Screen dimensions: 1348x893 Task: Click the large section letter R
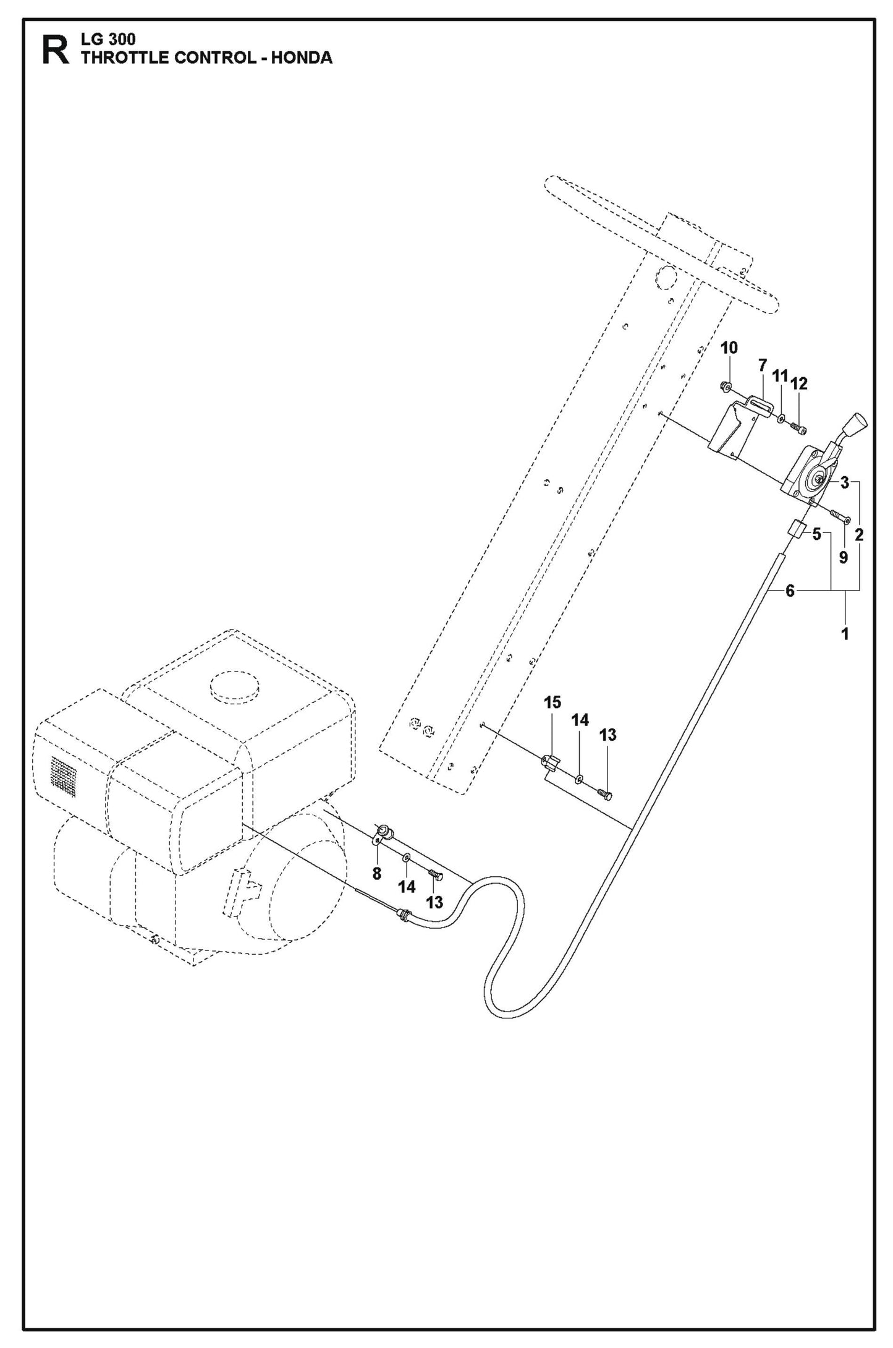pyautogui.click(x=55, y=51)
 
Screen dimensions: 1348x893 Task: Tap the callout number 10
pyautogui.click(x=729, y=348)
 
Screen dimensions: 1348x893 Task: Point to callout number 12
pyautogui.click(x=798, y=384)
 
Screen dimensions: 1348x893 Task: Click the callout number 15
pyautogui.click(x=552, y=702)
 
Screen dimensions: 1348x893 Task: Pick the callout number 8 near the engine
pyautogui.click(x=377, y=874)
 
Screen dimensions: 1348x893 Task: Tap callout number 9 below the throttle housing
pyautogui.click(x=843, y=557)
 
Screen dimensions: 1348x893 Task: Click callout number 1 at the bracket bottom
pyautogui.click(x=845, y=634)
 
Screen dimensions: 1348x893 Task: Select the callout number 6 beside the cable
pyautogui.click(x=790, y=591)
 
